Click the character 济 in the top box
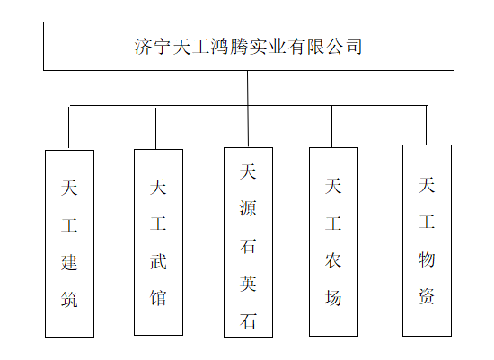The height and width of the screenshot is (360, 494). [x=144, y=47]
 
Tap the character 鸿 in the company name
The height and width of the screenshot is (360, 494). [x=220, y=47]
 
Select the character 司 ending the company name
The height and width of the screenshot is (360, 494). [x=354, y=47]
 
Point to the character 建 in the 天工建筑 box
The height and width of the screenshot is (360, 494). [x=69, y=262]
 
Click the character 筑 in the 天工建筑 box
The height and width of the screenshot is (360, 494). [x=69, y=299]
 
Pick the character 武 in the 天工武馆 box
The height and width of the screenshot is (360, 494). [x=158, y=261]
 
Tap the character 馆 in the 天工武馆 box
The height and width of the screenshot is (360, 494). [x=158, y=298]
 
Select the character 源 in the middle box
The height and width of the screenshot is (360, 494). [x=248, y=208]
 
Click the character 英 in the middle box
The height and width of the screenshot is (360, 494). [x=248, y=284]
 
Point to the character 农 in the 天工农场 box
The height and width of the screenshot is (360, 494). [x=333, y=260]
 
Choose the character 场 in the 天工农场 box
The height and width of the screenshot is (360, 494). [x=333, y=298]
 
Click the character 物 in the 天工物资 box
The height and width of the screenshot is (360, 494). [x=427, y=259]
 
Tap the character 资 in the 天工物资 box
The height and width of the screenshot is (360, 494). [x=427, y=296]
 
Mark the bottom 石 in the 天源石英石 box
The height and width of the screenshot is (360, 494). [x=248, y=321]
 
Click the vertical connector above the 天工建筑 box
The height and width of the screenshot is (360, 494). [x=68, y=127]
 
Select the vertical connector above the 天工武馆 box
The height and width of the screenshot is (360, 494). [x=155, y=128]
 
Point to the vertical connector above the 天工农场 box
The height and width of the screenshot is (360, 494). [x=331, y=127]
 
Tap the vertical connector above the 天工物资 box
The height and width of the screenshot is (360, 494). [x=427, y=126]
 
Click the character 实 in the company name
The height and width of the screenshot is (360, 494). [x=258, y=47]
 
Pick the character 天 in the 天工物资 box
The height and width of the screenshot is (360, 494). [x=427, y=185]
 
